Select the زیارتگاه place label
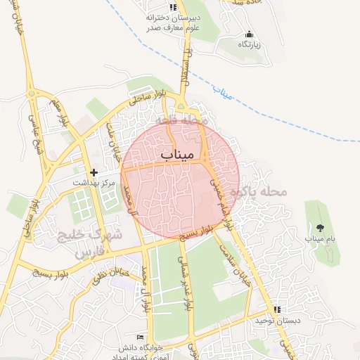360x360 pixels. click(248, 44)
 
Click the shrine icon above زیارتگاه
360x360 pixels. click(248, 34)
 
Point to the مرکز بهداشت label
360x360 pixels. click(94, 182)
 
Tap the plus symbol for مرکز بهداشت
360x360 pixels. click(94, 172)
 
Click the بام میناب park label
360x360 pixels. click(320, 239)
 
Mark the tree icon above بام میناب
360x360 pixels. click(320, 227)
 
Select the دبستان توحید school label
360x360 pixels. click(278, 321)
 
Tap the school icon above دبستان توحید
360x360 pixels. click(278, 309)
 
